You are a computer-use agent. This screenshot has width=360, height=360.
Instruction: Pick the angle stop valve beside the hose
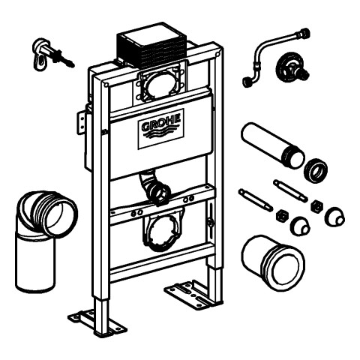[292, 67]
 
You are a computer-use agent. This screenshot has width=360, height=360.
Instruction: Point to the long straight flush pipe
[272, 145]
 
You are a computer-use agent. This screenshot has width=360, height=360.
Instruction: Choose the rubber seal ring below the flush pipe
[316, 170]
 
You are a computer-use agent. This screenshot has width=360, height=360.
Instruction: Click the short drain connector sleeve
[273, 263]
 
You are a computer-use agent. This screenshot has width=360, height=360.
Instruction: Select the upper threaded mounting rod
[290, 190]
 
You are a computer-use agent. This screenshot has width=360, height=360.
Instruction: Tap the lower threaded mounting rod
[256, 200]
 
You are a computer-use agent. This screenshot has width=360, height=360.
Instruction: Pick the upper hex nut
[316, 206]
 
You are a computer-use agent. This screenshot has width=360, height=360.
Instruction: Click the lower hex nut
[283, 215]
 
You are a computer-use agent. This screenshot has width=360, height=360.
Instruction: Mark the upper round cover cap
[335, 217]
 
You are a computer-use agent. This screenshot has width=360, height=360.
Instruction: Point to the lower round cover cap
[300, 226]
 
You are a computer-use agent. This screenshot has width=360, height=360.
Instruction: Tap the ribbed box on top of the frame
[152, 46]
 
